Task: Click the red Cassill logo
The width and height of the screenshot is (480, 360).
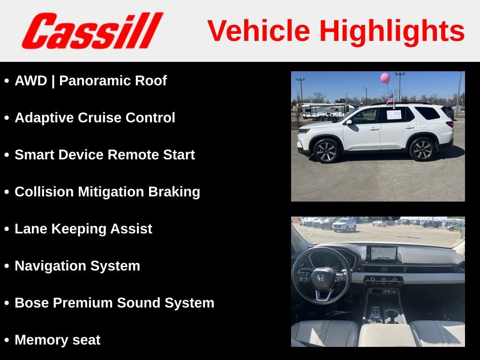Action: click(92, 31)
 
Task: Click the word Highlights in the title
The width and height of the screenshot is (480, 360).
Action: click(392, 31)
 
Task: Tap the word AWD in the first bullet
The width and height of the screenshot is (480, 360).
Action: click(31, 81)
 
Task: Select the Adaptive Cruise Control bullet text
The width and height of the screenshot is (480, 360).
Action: click(95, 118)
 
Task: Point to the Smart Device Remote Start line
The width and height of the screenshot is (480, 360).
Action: click(105, 155)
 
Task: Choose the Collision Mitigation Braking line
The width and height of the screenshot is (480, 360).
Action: click(107, 192)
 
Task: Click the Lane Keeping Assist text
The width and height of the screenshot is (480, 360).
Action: click(83, 229)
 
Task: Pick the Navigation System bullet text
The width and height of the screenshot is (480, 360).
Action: click(77, 266)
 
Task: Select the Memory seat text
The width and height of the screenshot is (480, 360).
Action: click(57, 340)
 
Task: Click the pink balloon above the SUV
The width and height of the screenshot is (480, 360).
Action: click(385, 78)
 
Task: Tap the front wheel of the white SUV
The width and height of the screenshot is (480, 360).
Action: click(326, 150)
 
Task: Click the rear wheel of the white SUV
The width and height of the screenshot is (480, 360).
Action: click(422, 149)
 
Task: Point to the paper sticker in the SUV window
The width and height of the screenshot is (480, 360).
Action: click(394, 114)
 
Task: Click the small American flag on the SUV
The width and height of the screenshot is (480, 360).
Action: click(390, 98)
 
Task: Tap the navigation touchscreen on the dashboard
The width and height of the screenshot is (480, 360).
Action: click(381, 254)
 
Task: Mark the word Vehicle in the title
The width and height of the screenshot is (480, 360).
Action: click(259, 31)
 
